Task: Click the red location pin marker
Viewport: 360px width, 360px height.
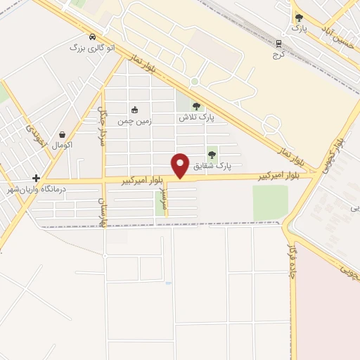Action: pos(181,166)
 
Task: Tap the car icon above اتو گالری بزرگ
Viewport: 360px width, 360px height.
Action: pos(93,36)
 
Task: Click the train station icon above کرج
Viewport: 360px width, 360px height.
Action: pos(278,43)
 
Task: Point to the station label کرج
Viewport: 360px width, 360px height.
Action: pos(278,54)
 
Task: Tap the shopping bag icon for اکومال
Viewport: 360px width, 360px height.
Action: pos(63,134)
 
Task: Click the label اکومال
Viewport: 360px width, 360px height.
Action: pos(63,145)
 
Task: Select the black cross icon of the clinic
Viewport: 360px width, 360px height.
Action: pos(36,179)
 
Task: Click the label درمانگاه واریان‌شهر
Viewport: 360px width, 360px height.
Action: pos(36,189)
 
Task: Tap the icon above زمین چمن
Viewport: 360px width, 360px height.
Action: pos(135,110)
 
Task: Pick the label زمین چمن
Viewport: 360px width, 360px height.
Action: pos(134,121)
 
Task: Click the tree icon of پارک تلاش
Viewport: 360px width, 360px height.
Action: pos(196,106)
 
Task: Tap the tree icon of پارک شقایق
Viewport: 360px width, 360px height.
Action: pos(212,155)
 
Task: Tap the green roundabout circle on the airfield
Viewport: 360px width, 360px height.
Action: pos(194,82)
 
